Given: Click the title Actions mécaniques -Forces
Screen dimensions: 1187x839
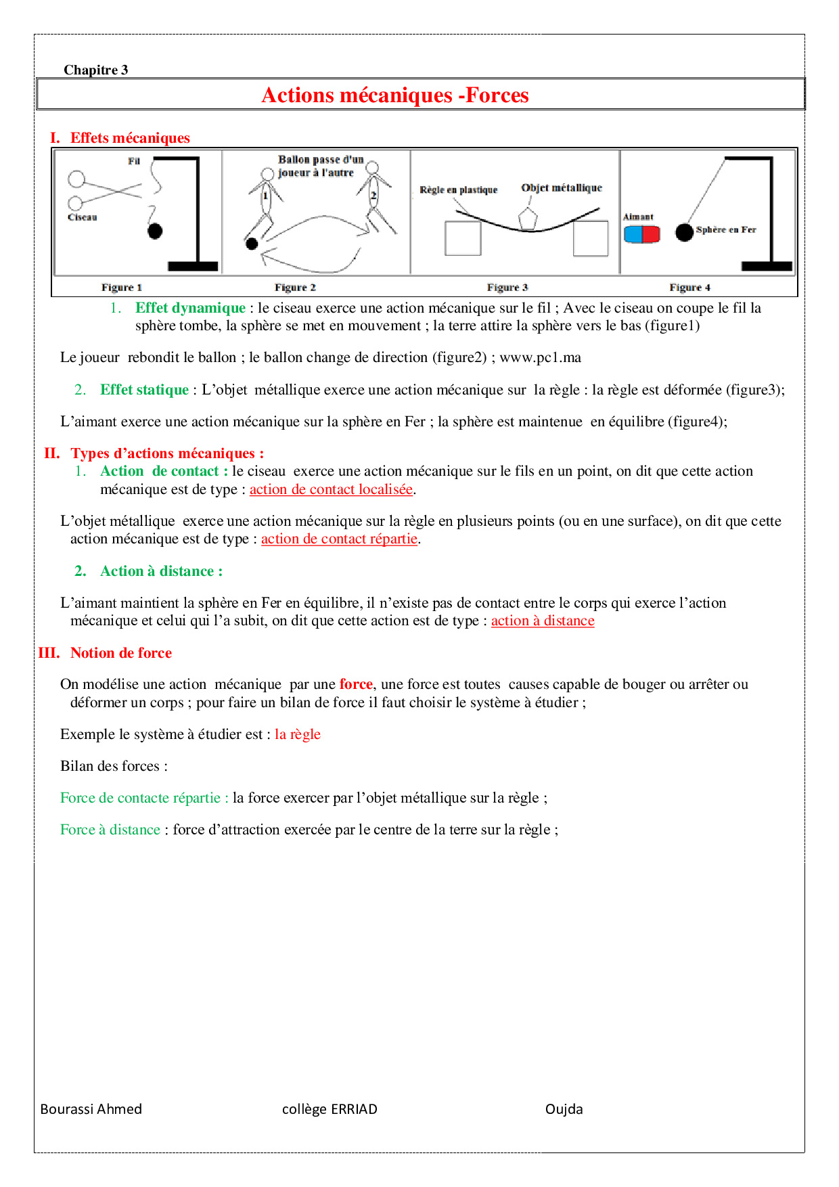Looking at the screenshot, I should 394,95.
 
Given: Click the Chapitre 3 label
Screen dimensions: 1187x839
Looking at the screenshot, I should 95,70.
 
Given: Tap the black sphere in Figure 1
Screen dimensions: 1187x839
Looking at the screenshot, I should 155,231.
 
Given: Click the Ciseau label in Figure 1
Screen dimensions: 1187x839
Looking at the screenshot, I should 82,217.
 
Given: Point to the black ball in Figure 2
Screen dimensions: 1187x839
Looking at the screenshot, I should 252,244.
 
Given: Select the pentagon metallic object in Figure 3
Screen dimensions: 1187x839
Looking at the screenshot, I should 527,219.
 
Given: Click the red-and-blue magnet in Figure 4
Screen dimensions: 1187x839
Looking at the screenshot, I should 641,234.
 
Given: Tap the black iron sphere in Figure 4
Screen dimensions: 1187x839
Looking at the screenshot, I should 684,232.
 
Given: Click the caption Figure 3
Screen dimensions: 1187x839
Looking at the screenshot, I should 507,288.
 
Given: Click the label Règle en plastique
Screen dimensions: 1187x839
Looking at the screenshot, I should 458,190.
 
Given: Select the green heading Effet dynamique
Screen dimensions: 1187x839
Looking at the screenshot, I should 190,308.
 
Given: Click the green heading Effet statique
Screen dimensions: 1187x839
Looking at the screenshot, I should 144,390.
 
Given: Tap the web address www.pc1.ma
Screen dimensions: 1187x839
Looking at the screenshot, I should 540,357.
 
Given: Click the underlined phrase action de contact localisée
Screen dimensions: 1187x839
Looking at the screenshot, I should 331,489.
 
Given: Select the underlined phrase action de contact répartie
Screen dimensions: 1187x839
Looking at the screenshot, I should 339,539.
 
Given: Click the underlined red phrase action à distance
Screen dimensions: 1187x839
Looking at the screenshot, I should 542,621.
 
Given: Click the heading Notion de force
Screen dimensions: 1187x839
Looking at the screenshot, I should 120,653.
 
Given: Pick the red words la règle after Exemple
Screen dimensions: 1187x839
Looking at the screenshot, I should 297,734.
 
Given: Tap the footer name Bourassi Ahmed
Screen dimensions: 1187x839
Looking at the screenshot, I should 91,1109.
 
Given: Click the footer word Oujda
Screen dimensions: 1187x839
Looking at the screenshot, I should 564,1109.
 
